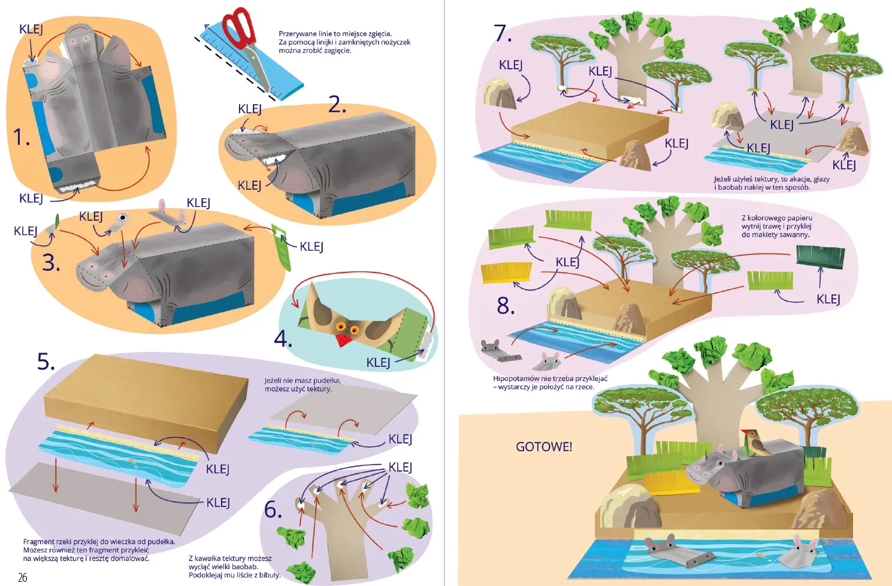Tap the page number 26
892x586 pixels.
(23, 578)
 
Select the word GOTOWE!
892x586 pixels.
(544, 447)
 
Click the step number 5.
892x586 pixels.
(46, 362)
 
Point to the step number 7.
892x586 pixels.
(503, 33)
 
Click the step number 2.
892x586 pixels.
(337, 105)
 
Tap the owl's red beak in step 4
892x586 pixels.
(344, 340)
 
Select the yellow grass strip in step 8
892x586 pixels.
(506, 272)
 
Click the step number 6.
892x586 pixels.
(273, 510)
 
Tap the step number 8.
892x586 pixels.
(506, 306)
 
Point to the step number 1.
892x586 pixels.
(22, 138)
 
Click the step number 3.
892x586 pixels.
(51, 263)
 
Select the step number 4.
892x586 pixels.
(283, 339)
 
